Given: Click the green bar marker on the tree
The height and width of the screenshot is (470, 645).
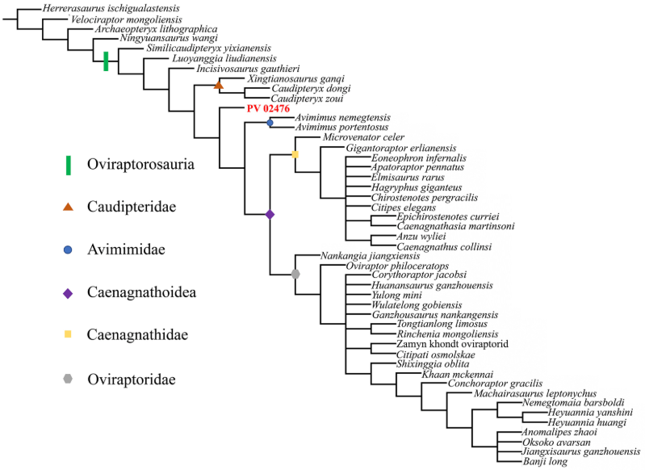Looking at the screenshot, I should click(106, 61).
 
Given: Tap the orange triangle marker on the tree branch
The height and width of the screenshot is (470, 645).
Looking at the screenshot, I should click(218, 85).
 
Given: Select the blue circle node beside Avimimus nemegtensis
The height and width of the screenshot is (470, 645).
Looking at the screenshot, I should click(270, 122).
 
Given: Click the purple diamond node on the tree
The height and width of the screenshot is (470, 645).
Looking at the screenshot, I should click(270, 214).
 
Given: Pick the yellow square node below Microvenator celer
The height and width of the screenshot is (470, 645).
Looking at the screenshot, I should click(295, 153).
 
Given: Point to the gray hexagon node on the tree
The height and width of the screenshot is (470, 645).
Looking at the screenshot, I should click(295, 275).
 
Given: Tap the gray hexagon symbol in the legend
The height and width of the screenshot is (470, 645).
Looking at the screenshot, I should click(69, 380).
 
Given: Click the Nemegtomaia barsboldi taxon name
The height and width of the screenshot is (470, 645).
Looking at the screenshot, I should click(573, 402).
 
